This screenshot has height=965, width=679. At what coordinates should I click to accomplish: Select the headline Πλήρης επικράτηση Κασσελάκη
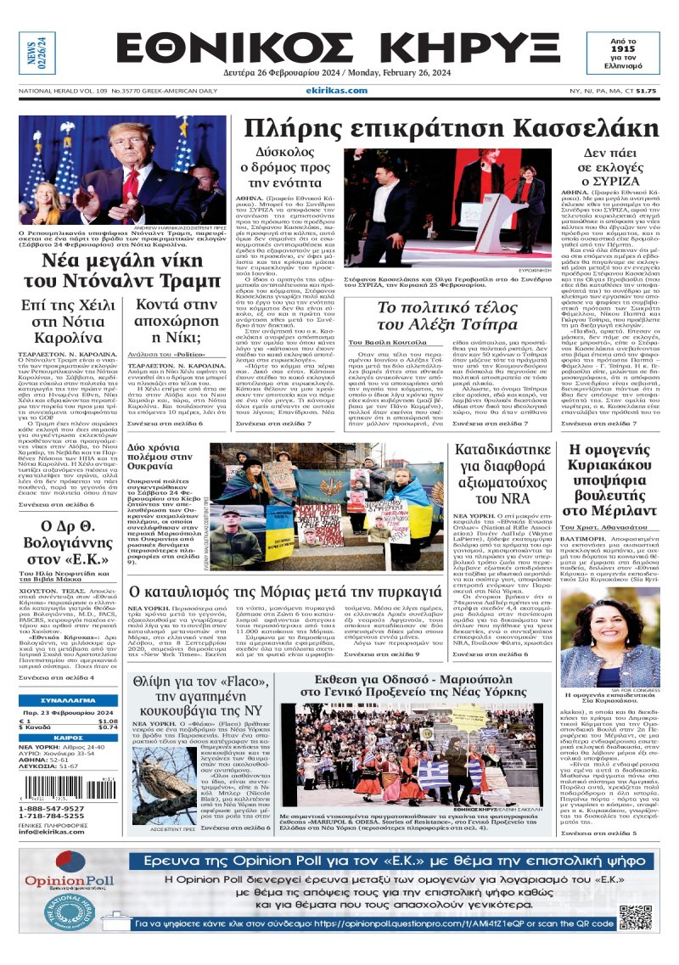(451, 128)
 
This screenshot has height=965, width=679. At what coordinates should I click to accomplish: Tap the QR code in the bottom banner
(636, 918)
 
